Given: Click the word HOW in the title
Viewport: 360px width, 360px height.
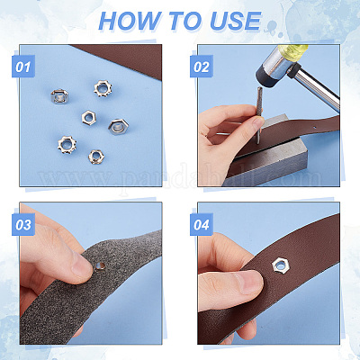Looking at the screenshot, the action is (x=130, y=21).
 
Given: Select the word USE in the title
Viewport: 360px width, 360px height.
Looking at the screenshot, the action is (x=236, y=21).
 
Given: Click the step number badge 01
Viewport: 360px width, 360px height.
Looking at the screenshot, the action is (x=23, y=67).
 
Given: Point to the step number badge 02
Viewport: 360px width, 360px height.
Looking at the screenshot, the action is (x=202, y=67).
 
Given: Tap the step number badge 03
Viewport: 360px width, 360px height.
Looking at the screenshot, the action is (x=23, y=224).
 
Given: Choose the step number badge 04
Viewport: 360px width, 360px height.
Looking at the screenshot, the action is (x=202, y=224).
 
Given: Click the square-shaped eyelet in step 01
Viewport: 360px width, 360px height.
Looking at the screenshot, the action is (x=59, y=96).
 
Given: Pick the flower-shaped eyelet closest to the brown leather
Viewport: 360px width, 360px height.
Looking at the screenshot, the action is (x=103, y=88).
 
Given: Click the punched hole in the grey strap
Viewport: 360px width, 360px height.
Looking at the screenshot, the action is (x=100, y=265).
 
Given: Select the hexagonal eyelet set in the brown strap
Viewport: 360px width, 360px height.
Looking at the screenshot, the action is (x=281, y=265).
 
